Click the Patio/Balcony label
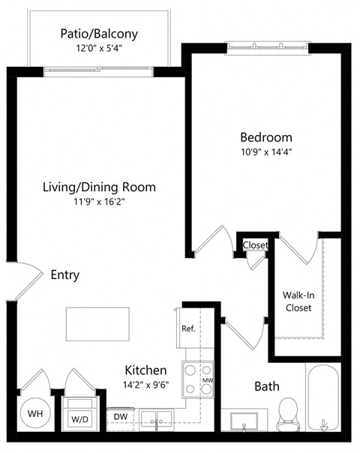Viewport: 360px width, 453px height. (x=98, y=34)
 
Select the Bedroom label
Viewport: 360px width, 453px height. (x=265, y=137)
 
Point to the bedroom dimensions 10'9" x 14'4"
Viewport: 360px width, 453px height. (x=265, y=152)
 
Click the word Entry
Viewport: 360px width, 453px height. (x=65, y=275)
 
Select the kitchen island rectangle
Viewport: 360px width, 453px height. (x=97, y=324)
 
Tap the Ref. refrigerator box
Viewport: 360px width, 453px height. (x=188, y=329)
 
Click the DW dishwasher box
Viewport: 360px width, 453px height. (x=120, y=415)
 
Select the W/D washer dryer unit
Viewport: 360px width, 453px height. (x=79, y=413)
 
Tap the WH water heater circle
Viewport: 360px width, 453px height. (x=35, y=413)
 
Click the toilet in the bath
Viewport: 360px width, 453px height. (x=287, y=413)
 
